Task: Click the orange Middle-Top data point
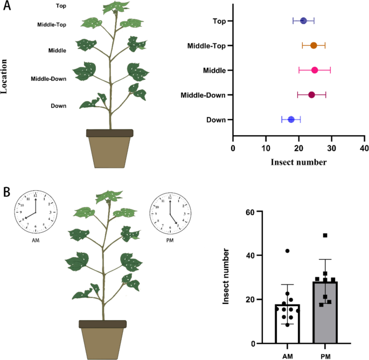click(x=314, y=45)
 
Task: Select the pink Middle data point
click(x=315, y=70)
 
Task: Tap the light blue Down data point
click(x=291, y=120)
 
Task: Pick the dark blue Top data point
click(x=303, y=21)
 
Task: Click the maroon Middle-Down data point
click(x=311, y=95)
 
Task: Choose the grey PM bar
click(x=324, y=313)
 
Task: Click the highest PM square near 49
click(x=325, y=236)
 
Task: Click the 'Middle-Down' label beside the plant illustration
click(x=48, y=79)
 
